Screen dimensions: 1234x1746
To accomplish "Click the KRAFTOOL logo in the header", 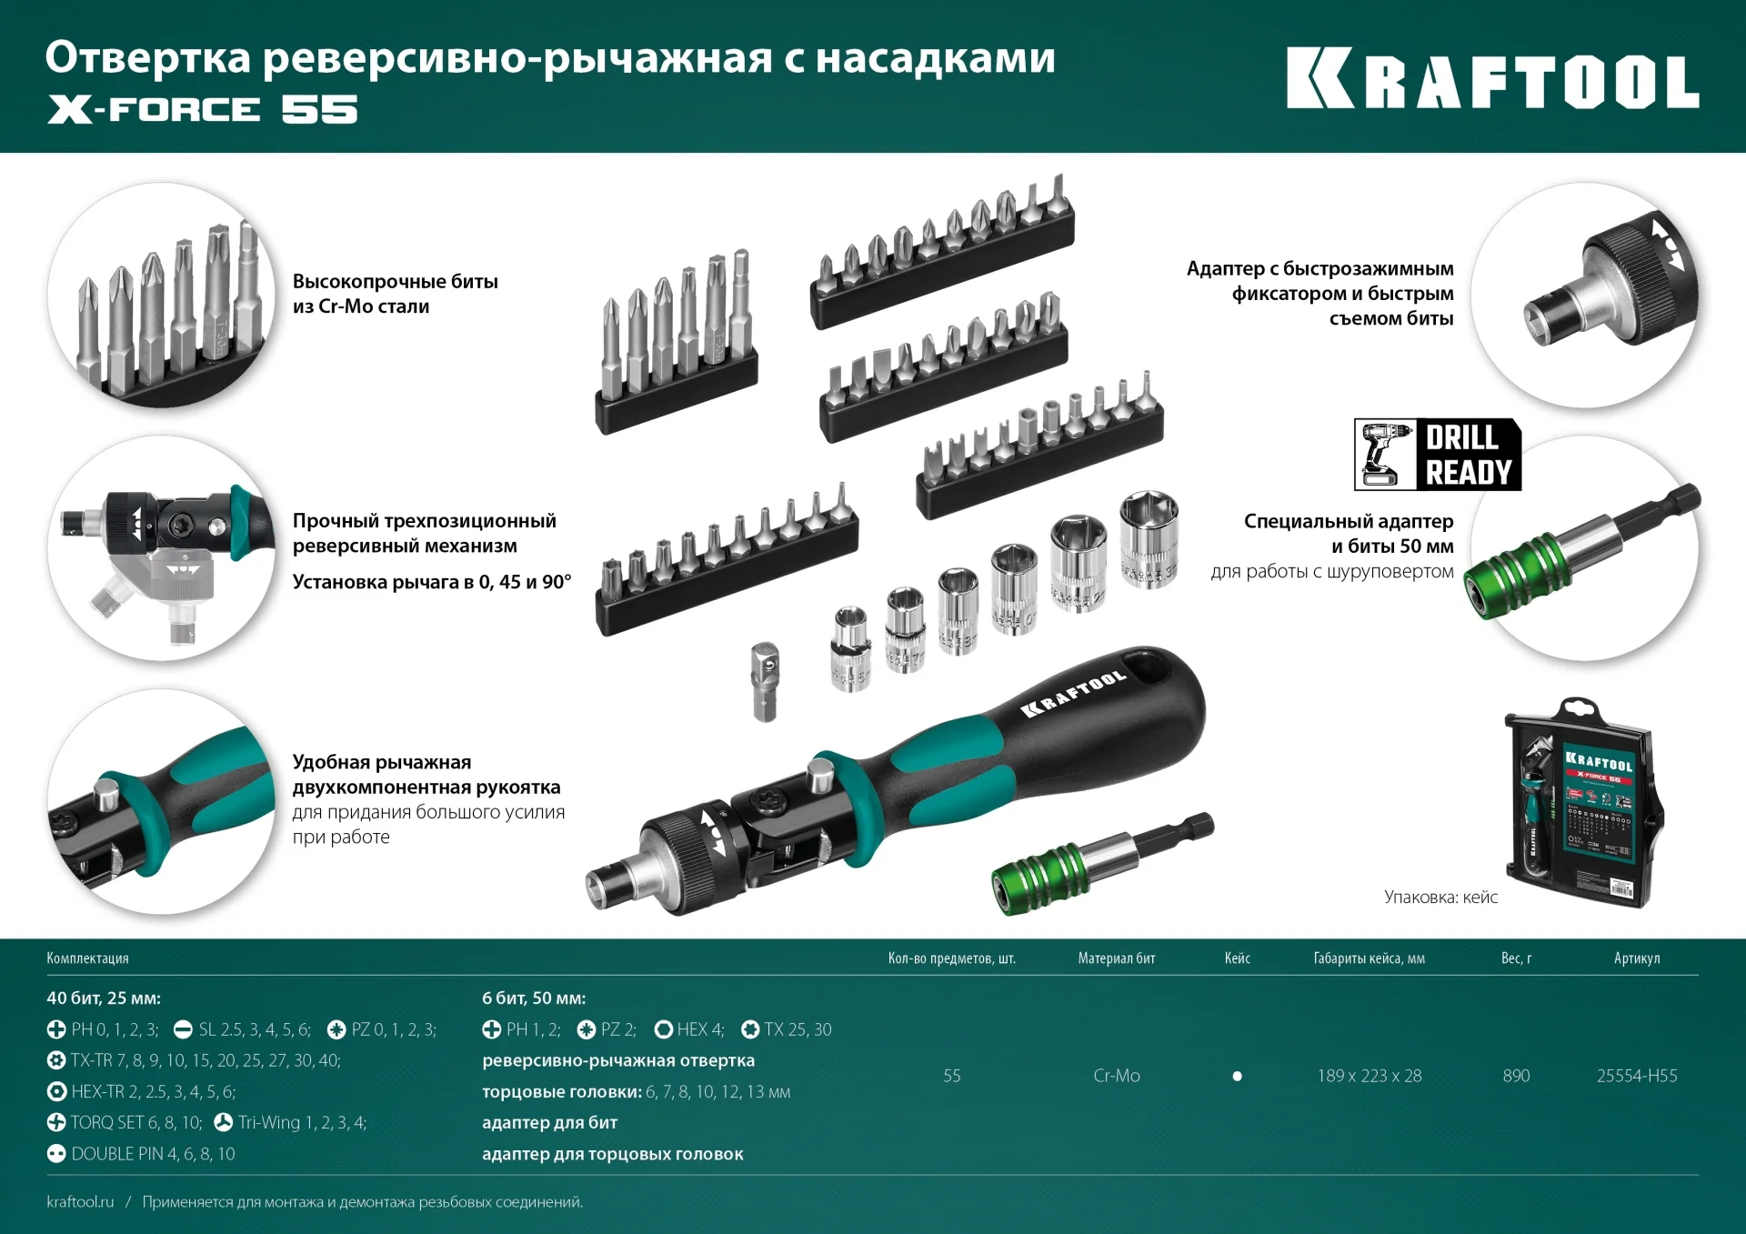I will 1491,79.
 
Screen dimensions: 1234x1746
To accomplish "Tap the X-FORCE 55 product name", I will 202,110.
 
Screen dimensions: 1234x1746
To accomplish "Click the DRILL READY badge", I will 1437,455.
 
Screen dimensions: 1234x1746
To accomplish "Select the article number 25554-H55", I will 1636,1076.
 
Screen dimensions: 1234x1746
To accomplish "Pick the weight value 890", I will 1516,1076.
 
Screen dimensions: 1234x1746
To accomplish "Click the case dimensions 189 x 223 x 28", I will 1369,1076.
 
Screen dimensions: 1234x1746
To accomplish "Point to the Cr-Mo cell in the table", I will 1116,1076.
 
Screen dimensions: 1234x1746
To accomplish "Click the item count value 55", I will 951,1076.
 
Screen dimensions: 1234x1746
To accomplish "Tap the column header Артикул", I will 1636,958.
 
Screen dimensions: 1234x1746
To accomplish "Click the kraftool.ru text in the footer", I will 80,1202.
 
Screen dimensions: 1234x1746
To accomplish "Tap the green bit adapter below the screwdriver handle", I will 1100,864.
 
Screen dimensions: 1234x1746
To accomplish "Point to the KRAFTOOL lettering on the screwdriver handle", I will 1073,695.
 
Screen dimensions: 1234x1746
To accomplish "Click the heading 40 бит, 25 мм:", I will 104,998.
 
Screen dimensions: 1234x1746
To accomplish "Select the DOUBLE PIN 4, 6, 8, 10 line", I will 142,1154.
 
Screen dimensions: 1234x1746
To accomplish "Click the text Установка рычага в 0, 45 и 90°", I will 431,582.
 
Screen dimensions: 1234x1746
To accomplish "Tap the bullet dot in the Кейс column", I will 1237,1076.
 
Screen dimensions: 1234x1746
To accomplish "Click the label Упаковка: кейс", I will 1440,898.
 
